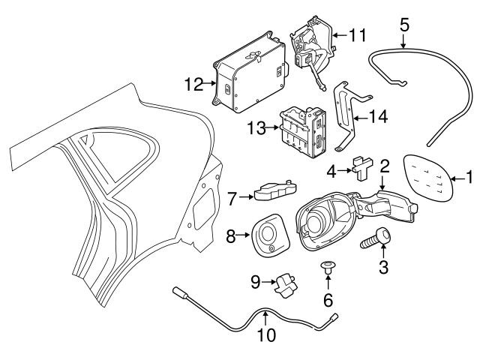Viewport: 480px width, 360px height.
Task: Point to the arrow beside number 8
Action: (x=243, y=235)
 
